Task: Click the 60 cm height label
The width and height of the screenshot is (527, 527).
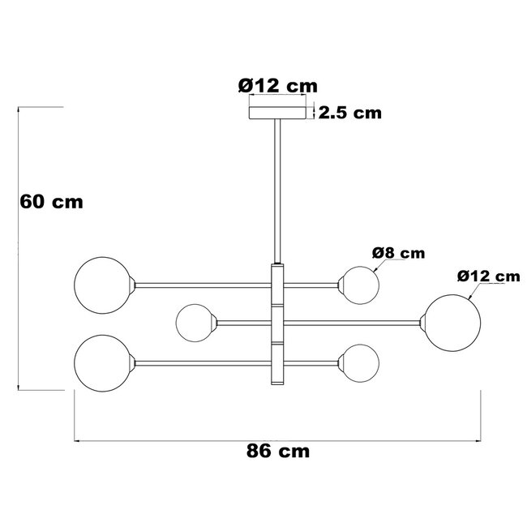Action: click(52, 201)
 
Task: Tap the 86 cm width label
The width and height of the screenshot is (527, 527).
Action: click(277, 452)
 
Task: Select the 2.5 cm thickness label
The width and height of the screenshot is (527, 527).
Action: click(349, 113)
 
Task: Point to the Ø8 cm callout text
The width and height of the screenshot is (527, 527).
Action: click(398, 253)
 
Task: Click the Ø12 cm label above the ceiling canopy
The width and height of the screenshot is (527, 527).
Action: click(277, 85)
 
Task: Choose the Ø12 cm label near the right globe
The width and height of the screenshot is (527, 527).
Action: click(487, 276)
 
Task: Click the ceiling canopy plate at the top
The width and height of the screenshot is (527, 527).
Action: click(279, 113)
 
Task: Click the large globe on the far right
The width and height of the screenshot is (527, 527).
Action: click(449, 323)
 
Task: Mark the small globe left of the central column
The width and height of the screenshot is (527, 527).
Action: click(195, 322)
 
